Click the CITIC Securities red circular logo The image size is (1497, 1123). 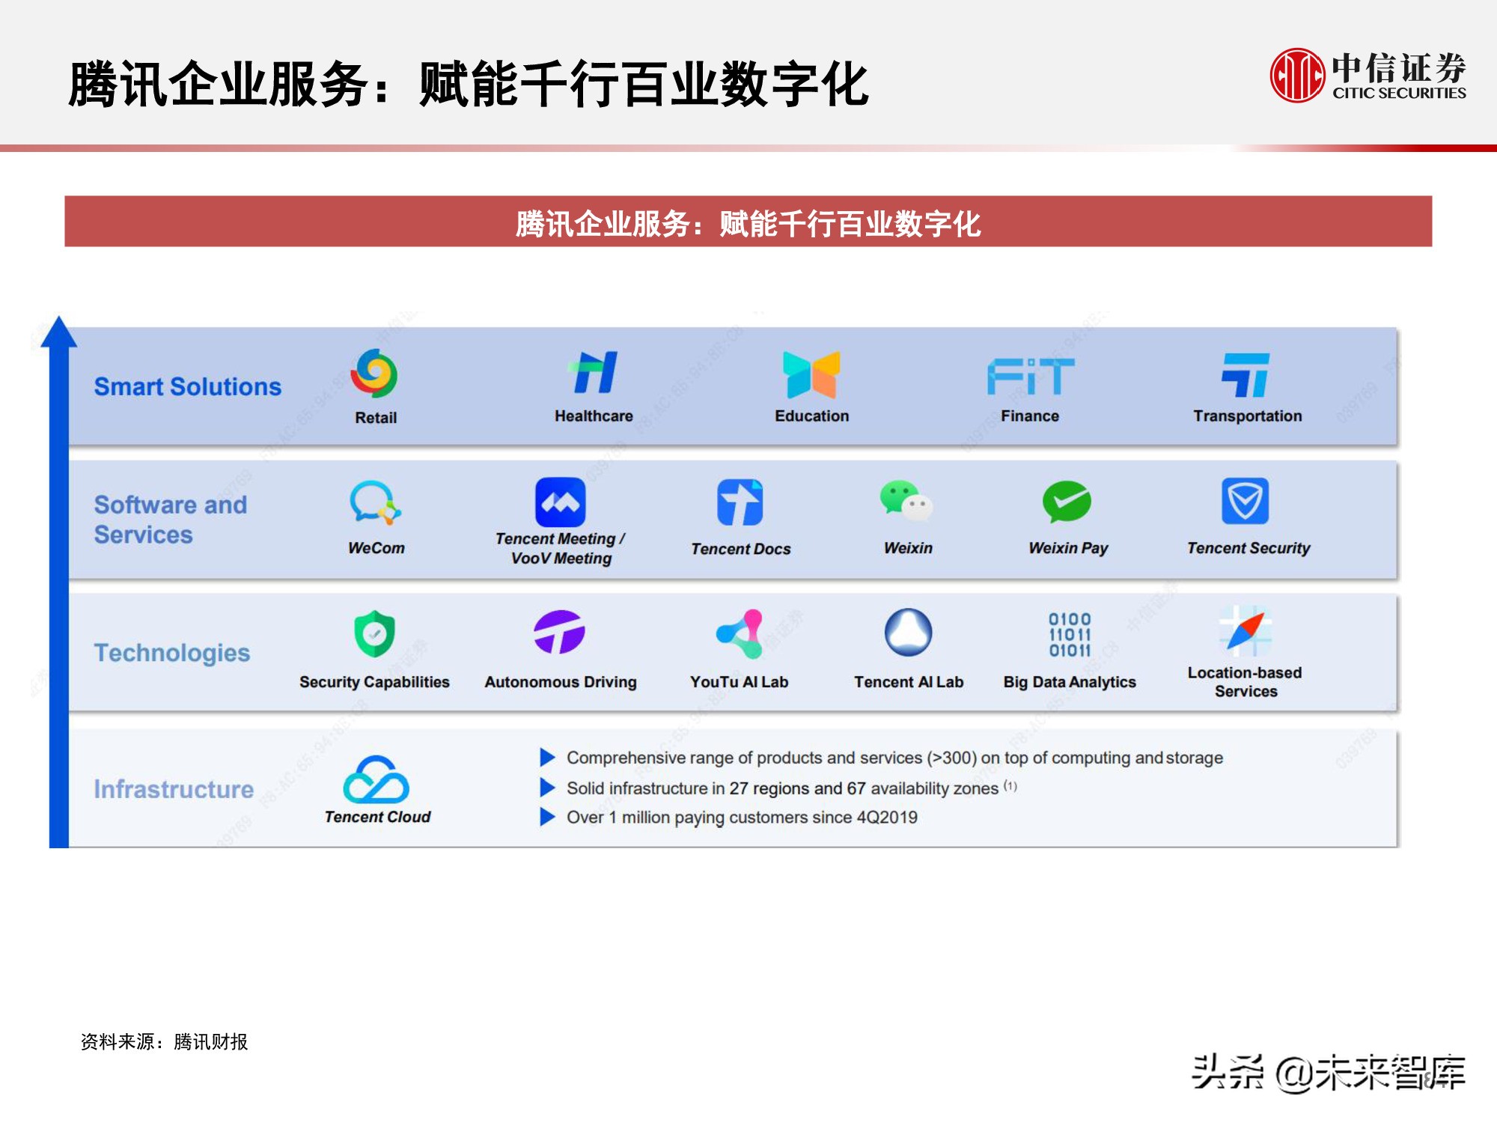pos(1297,75)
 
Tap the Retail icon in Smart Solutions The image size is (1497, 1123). pos(374,373)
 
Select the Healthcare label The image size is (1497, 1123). pos(594,416)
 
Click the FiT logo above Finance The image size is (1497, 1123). pos(1031,375)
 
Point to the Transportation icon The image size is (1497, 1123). pos(1246,374)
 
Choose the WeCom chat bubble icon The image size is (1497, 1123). pos(375,502)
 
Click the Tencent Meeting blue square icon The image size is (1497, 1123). pos(561,502)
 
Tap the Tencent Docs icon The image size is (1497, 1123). pos(740,502)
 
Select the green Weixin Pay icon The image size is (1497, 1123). pos(1067,502)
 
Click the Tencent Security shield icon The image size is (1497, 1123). pos(1246,501)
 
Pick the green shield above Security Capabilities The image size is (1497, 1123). pos(374,633)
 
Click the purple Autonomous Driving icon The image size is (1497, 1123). pos(559,632)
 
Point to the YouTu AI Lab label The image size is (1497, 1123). pos(739,682)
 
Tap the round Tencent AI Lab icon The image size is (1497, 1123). pos(908,632)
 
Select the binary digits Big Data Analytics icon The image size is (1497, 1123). pos(1070,635)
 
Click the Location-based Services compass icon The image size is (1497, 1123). pos(1246,630)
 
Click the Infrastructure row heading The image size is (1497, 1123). pos(174,789)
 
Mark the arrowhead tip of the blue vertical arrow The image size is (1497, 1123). pos(58,316)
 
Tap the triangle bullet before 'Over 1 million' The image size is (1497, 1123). pos(547,816)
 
